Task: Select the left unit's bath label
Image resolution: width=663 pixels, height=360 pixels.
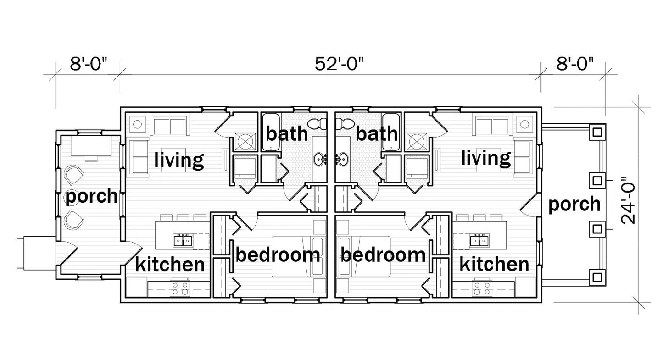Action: [287, 134]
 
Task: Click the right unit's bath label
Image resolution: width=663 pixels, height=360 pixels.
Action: [376, 134]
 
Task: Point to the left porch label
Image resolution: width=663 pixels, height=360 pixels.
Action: [91, 197]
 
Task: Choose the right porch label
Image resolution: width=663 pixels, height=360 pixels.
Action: [574, 204]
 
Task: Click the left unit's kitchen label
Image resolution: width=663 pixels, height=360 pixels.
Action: [170, 265]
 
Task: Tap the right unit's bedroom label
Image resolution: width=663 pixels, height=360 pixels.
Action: [383, 255]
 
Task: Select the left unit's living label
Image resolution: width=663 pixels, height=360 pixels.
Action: [178, 160]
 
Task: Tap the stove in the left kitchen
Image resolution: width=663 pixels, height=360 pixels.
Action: [179, 288]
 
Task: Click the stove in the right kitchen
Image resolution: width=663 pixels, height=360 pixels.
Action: [481, 288]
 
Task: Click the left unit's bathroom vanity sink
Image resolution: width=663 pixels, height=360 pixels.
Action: [319, 160]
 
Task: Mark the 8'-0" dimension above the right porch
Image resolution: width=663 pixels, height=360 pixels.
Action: [575, 64]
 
